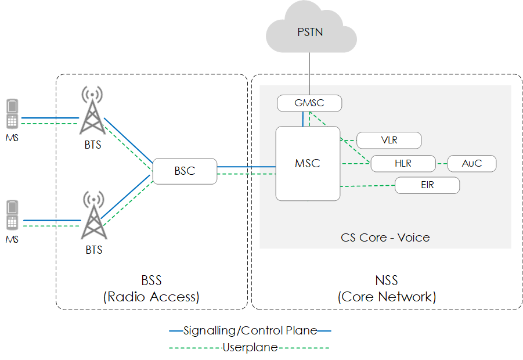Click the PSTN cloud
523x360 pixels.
tap(310, 32)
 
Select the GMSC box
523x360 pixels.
tap(309, 103)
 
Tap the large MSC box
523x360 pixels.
tap(307, 163)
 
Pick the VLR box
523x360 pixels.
tap(388, 140)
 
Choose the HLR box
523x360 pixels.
tap(403, 163)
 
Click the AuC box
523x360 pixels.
tap(471, 163)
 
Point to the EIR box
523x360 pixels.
tap(427, 186)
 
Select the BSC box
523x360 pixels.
tap(185, 171)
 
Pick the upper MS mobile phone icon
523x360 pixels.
tap(12, 114)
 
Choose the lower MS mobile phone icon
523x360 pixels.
tap(12, 215)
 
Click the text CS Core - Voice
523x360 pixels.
tap(385, 237)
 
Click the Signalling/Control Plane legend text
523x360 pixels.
tap(250, 331)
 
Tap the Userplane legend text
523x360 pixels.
tap(250, 348)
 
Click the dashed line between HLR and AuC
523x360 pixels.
tap(441, 163)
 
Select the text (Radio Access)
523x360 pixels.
tap(151, 297)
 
